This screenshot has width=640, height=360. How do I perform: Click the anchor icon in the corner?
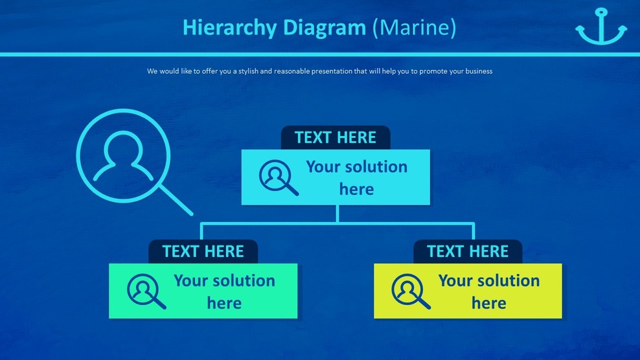pos(600,27)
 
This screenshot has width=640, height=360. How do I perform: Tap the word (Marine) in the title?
pos(415,28)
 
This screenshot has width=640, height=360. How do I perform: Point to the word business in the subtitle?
pos(477,71)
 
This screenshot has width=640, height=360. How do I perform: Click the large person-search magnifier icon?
pos(123,155)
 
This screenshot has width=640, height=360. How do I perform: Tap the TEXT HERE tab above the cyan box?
pos(335,138)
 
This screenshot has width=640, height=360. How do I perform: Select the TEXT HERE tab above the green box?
pos(203,252)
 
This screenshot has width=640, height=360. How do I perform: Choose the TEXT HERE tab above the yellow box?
pos(468,252)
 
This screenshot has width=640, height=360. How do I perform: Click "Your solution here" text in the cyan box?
pos(356,177)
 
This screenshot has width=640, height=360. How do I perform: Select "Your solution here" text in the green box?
pos(224,291)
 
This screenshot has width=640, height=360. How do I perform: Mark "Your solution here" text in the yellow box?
pos(488,291)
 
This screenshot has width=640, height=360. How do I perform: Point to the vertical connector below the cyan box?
pos(337,214)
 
